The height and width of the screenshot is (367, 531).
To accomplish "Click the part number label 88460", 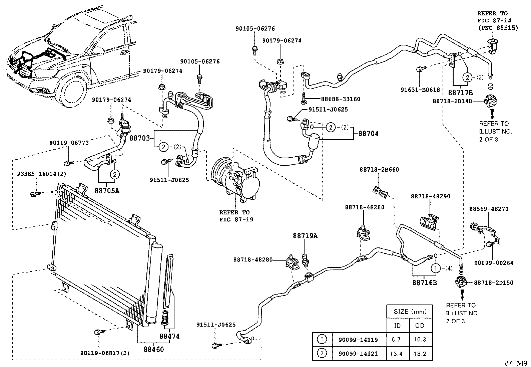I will pos(154,349).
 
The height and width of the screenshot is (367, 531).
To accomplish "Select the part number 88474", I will pos(169,336).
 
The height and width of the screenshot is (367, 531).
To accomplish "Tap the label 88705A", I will pos(107,191).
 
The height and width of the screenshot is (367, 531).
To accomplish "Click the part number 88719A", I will pos(305,236).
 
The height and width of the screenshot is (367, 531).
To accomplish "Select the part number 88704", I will pos(368,134).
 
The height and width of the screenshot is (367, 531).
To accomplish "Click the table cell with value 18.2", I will pos(420,354).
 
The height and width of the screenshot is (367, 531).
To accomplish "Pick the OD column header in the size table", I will pos(420,325).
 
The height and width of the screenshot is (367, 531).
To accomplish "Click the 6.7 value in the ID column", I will pos(397,340).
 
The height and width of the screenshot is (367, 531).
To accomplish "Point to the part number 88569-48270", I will pos(489,209).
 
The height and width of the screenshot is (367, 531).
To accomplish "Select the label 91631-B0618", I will pos(420,89).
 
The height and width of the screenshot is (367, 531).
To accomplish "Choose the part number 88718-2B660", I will pos(379,170).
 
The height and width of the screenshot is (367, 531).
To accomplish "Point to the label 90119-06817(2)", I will pos(105,353).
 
